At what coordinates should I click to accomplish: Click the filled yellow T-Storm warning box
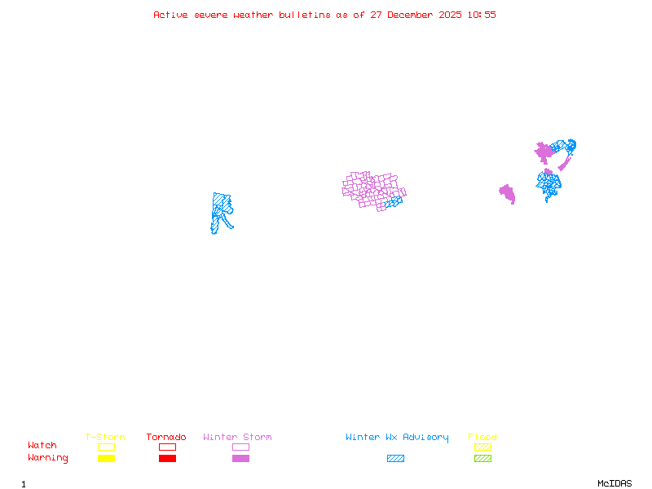click(x=106, y=459)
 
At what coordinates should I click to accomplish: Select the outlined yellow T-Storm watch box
click(x=106, y=447)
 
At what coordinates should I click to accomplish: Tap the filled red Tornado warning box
click(x=167, y=459)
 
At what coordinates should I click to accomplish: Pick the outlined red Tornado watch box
click(x=167, y=447)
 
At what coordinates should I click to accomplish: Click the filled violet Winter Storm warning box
click(x=240, y=459)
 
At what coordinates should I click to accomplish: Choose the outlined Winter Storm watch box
click(x=240, y=447)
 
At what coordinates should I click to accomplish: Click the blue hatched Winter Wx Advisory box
click(x=395, y=459)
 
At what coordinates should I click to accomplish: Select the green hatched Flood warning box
click(x=482, y=459)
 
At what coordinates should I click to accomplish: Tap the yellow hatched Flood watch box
click(x=482, y=447)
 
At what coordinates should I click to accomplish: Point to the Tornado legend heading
click(x=166, y=438)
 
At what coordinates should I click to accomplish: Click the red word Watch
click(x=42, y=446)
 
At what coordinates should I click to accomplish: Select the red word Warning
click(x=48, y=458)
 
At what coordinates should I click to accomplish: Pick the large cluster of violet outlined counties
click(x=371, y=189)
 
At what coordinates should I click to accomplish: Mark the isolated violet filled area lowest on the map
click(x=508, y=194)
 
